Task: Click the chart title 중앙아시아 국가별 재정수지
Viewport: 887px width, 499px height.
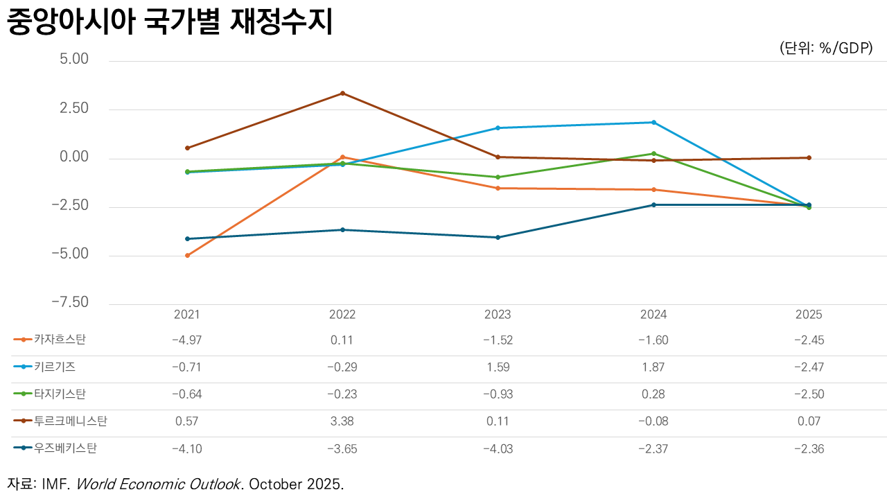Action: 170,23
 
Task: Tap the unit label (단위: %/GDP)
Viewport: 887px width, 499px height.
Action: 825,49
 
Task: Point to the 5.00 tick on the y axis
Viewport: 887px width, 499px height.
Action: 74,60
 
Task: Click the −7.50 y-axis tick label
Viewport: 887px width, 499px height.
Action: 69,302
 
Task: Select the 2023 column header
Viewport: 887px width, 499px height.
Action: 498,315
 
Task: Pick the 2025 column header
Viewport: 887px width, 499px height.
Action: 809,315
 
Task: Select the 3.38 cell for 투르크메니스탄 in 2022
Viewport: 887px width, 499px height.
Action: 342,421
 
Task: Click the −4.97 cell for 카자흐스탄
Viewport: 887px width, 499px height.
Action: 186,340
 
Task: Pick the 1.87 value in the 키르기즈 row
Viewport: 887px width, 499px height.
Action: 653,367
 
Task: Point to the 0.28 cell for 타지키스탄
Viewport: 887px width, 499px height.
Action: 653,394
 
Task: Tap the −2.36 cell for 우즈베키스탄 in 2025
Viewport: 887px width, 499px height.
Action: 809,448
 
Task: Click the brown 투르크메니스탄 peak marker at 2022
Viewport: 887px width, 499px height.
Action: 342,93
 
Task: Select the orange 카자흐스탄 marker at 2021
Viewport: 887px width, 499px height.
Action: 187,256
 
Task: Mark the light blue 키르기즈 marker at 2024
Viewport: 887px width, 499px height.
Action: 653,123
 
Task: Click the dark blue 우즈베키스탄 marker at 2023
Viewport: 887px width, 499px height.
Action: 498,238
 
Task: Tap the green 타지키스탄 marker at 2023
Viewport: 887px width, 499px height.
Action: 498,177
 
